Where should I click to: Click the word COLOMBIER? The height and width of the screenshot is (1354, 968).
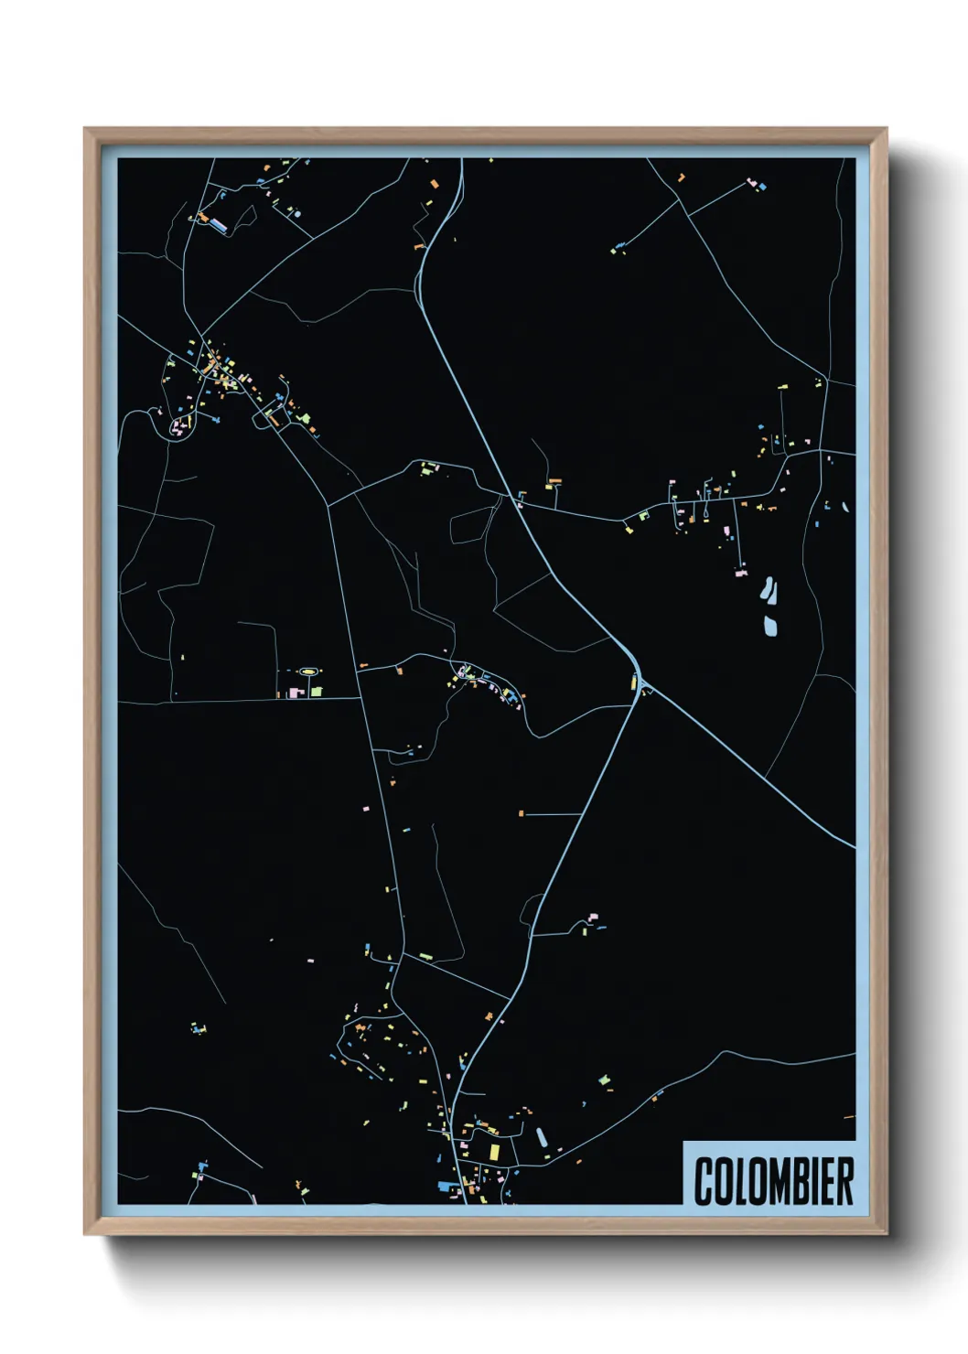[x=774, y=1180]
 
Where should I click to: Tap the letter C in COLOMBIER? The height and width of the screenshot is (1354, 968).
[x=704, y=1180]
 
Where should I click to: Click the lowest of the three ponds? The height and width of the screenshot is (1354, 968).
[x=770, y=626]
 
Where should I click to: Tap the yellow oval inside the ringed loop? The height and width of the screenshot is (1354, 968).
[x=309, y=672]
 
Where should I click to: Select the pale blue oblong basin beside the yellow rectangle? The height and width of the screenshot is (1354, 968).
[x=541, y=1137]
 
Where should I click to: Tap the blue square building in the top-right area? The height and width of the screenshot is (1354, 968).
[x=762, y=187]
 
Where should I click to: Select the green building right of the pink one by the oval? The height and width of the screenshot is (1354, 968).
[x=316, y=692]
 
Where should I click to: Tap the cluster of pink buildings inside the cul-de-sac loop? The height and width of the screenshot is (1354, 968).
[x=177, y=425]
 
